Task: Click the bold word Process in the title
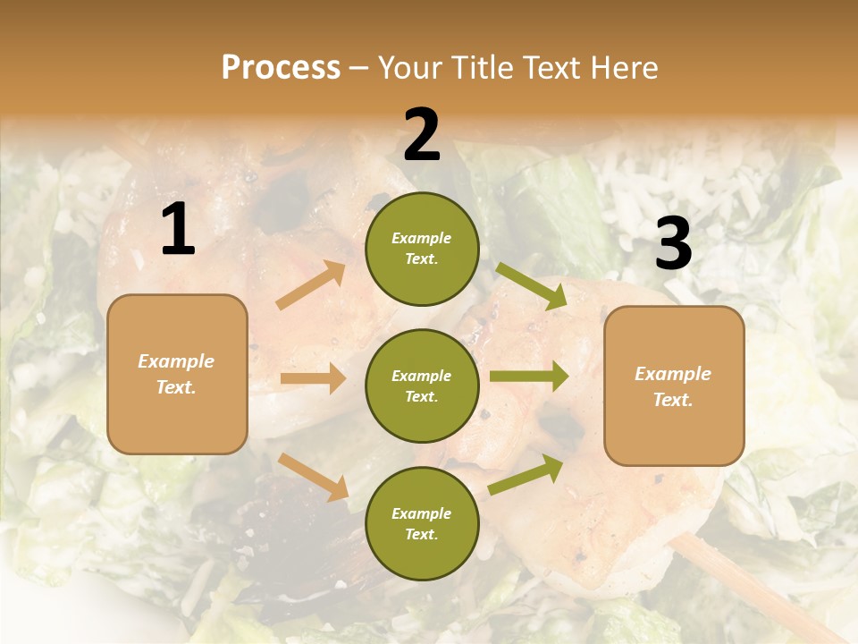pyautogui.click(x=281, y=68)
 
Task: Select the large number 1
pyautogui.click(x=178, y=230)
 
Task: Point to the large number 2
pyautogui.click(x=422, y=135)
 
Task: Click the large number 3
pyautogui.click(x=673, y=243)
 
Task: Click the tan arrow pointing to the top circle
pyautogui.click(x=311, y=286)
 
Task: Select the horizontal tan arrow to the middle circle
pyautogui.click(x=313, y=378)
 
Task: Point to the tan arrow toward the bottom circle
pyautogui.click(x=313, y=476)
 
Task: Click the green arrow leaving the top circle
pyautogui.click(x=532, y=287)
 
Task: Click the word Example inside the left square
pyautogui.click(x=176, y=361)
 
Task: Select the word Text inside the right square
pyautogui.click(x=673, y=400)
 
